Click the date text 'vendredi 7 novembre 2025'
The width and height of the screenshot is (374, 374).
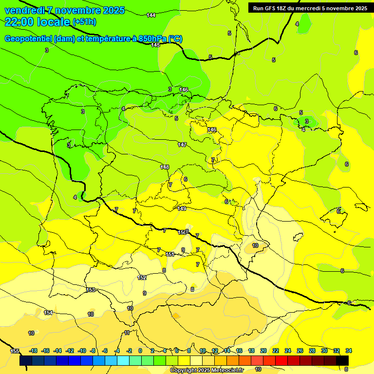click(64, 10)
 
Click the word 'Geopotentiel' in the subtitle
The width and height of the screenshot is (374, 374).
click(28, 39)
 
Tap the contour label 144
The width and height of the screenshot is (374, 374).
click(151, 16)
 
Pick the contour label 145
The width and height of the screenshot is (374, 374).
click(155, 45)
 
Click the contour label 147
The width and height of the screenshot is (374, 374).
click(182, 145)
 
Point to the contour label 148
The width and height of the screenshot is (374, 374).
click(165, 167)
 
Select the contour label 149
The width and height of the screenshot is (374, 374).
click(182, 208)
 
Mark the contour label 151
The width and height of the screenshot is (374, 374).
click(170, 254)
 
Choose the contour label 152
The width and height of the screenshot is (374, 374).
click(142, 278)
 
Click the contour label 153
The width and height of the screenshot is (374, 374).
click(91, 290)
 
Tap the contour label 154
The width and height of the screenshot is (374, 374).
click(48, 313)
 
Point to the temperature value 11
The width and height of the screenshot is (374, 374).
click(127, 333)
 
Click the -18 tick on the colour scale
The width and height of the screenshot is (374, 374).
click(33, 351)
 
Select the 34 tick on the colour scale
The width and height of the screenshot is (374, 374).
click(349, 351)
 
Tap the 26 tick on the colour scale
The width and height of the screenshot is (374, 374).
click(299, 351)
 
